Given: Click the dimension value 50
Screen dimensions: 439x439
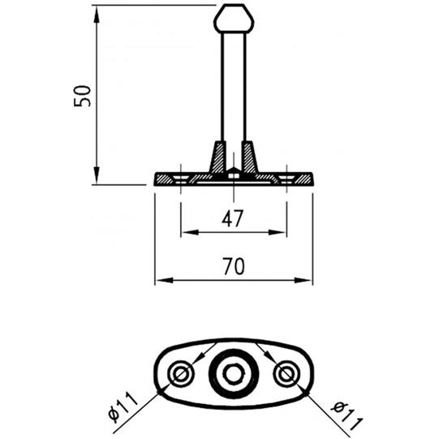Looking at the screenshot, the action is (82, 96).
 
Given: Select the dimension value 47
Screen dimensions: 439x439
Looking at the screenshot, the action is (233, 218).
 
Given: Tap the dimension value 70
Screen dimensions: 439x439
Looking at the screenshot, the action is (234, 266).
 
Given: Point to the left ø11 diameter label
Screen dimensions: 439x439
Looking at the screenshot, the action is (123, 407).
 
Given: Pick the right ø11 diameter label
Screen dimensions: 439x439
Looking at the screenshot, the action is (346, 415).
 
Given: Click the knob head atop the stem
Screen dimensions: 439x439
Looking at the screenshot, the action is (234, 19).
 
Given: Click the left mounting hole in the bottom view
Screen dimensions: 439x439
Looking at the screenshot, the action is (181, 374).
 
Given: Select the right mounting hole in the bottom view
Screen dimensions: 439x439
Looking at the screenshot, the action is (286, 374).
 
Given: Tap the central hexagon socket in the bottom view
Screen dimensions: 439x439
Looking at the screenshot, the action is (234, 374).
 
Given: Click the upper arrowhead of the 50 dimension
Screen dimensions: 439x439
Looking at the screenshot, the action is (97, 14).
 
